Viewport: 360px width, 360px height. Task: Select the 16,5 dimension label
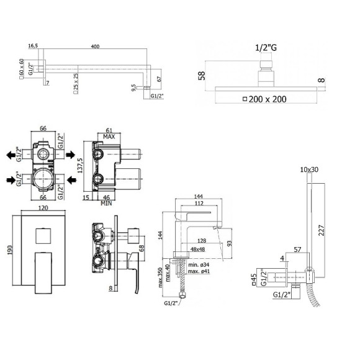point(34,45)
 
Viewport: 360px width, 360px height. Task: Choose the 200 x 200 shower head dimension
point(269,99)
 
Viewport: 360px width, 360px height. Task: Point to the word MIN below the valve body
point(105,203)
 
